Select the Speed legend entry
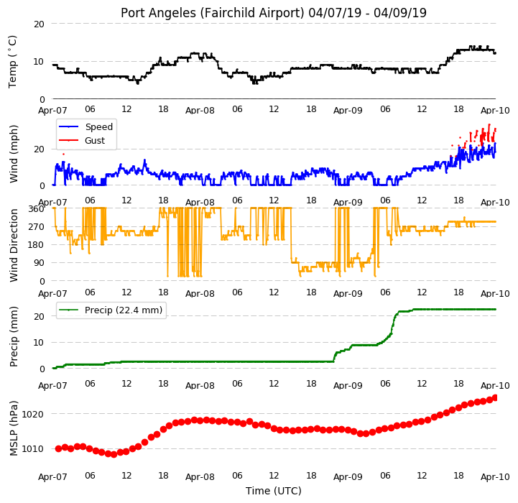point(85,127)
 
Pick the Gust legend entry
point(82,140)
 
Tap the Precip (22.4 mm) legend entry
point(111,310)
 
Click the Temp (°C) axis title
point(12,62)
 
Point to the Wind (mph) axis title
point(13,154)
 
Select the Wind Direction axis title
point(13,245)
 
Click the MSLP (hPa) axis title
point(13,428)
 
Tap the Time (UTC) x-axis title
point(274,491)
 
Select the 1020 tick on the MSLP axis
point(33,414)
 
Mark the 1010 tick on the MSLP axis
point(33,449)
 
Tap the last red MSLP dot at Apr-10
point(495,398)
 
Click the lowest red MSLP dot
point(114,454)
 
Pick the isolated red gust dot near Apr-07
point(63,154)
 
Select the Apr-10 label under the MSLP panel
point(495,476)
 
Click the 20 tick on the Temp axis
point(39,24)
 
